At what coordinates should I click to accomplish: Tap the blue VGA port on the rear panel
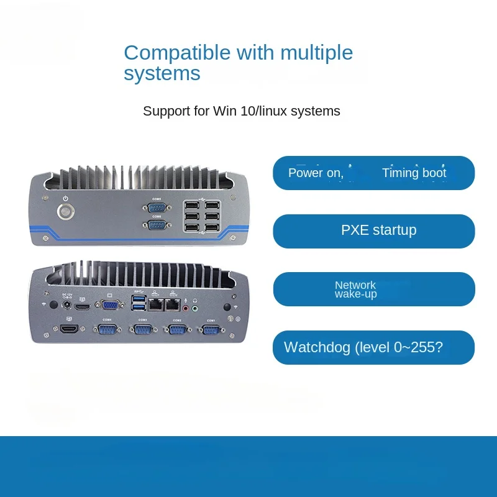(x=111, y=305)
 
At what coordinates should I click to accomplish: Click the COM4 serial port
(x=107, y=329)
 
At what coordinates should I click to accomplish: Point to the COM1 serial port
(x=211, y=329)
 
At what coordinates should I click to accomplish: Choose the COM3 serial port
(x=143, y=329)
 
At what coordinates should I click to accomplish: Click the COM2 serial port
(x=177, y=329)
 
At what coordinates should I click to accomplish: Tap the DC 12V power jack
(x=66, y=305)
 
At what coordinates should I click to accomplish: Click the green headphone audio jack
(x=194, y=306)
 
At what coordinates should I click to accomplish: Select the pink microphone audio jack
(x=185, y=306)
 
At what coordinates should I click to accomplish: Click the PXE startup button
(x=373, y=230)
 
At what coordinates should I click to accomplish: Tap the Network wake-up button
(x=373, y=289)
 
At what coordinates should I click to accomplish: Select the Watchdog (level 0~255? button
(x=373, y=347)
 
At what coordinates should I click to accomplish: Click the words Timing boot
(x=414, y=173)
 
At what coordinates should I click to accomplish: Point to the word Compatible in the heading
(x=168, y=52)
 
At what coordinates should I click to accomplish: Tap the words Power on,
(x=315, y=173)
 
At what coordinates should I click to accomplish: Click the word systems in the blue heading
(x=162, y=73)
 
